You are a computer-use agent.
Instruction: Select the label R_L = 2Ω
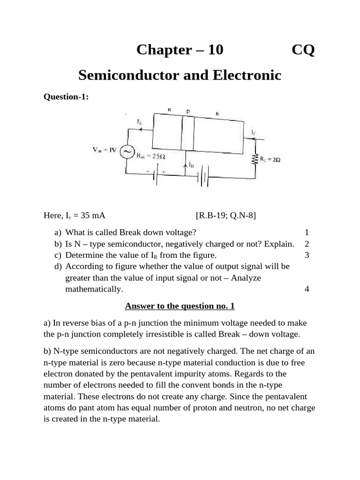click(x=270, y=160)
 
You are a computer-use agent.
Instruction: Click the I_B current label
click(x=191, y=165)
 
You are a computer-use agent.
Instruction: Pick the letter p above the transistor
click(x=188, y=112)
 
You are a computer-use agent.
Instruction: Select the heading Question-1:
click(x=66, y=97)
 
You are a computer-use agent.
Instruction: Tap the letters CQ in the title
click(x=303, y=50)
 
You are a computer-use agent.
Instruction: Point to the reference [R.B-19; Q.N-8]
click(x=226, y=215)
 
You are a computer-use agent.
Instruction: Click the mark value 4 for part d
click(x=307, y=289)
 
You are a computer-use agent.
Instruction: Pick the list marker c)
click(x=58, y=255)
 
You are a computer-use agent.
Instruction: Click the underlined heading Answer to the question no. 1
click(x=180, y=306)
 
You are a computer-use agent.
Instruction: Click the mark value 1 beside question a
click(x=307, y=232)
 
